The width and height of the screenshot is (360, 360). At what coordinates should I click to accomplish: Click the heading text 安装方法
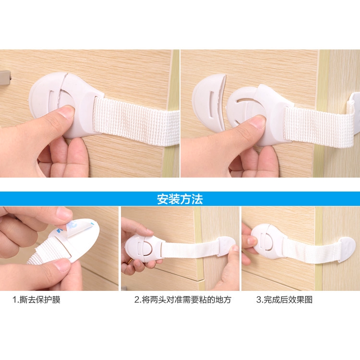pos(180,199)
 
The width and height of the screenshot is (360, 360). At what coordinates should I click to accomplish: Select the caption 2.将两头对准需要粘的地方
pos(182,300)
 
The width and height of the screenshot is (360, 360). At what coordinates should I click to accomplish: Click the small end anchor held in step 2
pos(226,246)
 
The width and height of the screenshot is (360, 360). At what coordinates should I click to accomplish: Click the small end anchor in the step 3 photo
pos(343,250)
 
